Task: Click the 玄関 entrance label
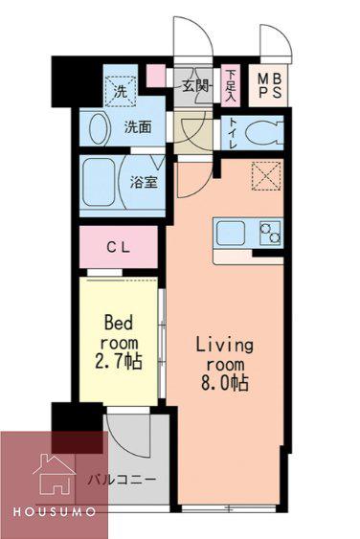(x=195, y=86)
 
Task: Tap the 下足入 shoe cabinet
(x=231, y=85)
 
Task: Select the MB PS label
(x=270, y=85)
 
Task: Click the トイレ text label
(x=233, y=133)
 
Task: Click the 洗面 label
(x=138, y=127)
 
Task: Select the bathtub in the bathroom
(x=99, y=182)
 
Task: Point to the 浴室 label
(x=144, y=182)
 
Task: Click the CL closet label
(x=118, y=247)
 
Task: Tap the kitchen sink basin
(x=231, y=234)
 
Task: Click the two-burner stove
(x=270, y=233)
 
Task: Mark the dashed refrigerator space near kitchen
(x=266, y=176)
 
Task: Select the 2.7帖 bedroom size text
(x=119, y=361)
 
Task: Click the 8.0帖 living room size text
(x=225, y=382)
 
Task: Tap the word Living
(x=225, y=345)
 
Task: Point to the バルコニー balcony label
(x=122, y=479)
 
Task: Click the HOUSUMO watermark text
(x=55, y=512)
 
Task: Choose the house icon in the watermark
(x=54, y=474)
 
